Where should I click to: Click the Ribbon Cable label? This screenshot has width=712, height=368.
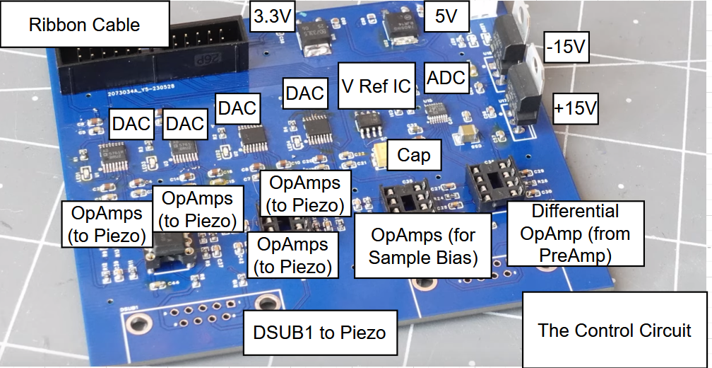tap(85, 25)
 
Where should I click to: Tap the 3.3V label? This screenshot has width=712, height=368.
tap(272, 16)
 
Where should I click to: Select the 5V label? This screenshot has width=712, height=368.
tap(446, 16)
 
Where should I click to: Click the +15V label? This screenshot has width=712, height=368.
tap(576, 110)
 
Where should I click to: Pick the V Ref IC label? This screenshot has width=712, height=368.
tap(376, 86)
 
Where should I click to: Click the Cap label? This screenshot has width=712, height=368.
tap(414, 155)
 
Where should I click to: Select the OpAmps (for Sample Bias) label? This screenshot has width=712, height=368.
tap(424, 246)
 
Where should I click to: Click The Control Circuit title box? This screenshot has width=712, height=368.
tap(615, 330)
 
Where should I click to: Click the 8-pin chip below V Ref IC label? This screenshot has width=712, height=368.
tap(369, 125)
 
